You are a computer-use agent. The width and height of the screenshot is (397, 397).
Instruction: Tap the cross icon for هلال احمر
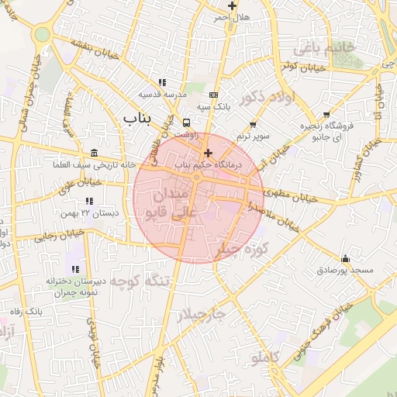pos(231,5)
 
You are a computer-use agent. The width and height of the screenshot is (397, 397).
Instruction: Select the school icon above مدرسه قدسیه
pos(162,82)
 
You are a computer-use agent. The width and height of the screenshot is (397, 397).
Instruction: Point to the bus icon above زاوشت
pos(186,123)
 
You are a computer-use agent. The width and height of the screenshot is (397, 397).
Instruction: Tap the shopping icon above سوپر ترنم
pos(253,125)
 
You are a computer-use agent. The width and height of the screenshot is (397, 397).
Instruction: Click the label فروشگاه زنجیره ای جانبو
pos(326,132)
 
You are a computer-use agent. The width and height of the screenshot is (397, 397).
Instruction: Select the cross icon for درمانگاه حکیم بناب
pos(207,154)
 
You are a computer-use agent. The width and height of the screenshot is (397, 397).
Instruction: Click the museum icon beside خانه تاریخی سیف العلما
pos(94,153)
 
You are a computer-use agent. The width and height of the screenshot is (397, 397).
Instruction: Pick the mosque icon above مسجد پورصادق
pos(345,258)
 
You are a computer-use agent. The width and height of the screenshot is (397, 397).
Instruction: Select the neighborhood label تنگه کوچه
pos(136,281)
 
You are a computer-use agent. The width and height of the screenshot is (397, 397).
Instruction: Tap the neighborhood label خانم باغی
pos(323,48)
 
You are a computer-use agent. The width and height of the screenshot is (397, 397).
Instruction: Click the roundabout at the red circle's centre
pos(198,179)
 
